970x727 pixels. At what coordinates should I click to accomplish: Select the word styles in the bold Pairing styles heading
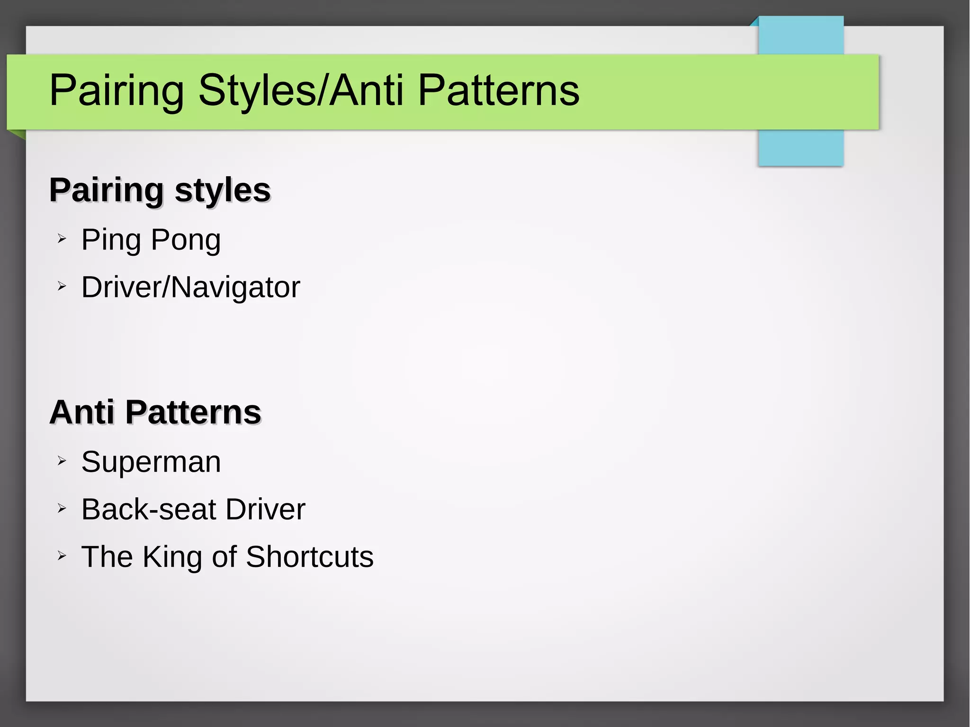[222, 190]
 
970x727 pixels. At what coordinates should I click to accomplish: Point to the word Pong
[186, 240]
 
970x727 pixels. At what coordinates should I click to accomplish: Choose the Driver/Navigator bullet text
[190, 287]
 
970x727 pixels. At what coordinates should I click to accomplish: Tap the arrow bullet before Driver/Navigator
[62, 286]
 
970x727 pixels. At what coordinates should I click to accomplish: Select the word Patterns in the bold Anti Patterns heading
[193, 412]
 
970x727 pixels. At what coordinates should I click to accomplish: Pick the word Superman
[151, 462]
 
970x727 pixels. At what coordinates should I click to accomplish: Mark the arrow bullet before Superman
[62, 460]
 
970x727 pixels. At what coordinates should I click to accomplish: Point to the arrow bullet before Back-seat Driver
[62, 508]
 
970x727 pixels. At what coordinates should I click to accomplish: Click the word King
[172, 557]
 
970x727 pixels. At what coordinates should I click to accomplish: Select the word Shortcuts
[309, 557]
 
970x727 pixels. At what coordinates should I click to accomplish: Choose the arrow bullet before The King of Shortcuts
[62, 556]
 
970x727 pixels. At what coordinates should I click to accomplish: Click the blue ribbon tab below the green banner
[800, 148]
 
